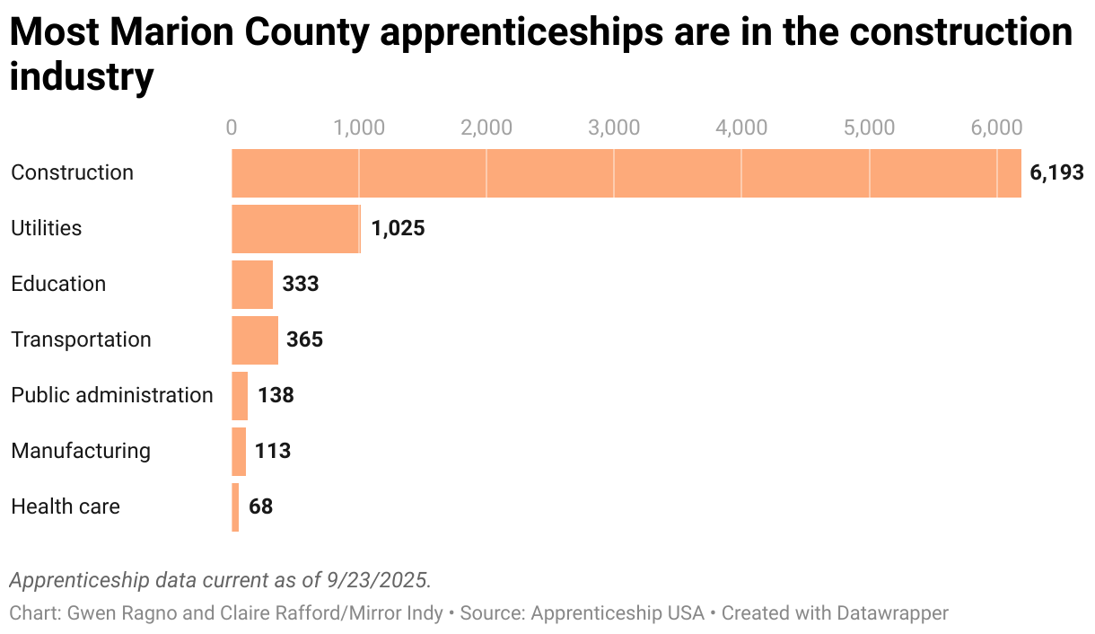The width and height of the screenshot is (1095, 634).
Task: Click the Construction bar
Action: (626, 173)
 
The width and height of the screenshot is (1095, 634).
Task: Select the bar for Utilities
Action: (295, 229)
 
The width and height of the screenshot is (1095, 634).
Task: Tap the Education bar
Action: (252, 285)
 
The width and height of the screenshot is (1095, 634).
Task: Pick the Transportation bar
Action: (255, 340)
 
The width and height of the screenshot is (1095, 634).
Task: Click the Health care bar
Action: (235, 507)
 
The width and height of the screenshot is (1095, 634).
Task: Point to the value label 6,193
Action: (1056, 173)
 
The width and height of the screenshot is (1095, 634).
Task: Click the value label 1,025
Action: (398, 229)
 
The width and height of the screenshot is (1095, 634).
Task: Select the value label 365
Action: (304, 340)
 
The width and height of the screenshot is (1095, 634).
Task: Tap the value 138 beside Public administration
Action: (276, 396)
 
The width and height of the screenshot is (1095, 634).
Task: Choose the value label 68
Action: (260, 507)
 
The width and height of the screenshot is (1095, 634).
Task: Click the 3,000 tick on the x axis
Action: (614, 128)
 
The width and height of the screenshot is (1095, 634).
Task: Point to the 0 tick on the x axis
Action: (232, 128)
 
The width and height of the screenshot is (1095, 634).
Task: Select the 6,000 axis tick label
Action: (995, 128)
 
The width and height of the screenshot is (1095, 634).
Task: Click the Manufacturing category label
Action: (81, 451)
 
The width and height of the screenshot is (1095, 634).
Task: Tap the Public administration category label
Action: (112, 395)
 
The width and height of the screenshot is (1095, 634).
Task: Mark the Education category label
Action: (58, 284)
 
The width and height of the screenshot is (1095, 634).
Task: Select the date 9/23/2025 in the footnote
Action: (379, 579)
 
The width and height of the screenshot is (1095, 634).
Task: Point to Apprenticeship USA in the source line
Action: (618, 613)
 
